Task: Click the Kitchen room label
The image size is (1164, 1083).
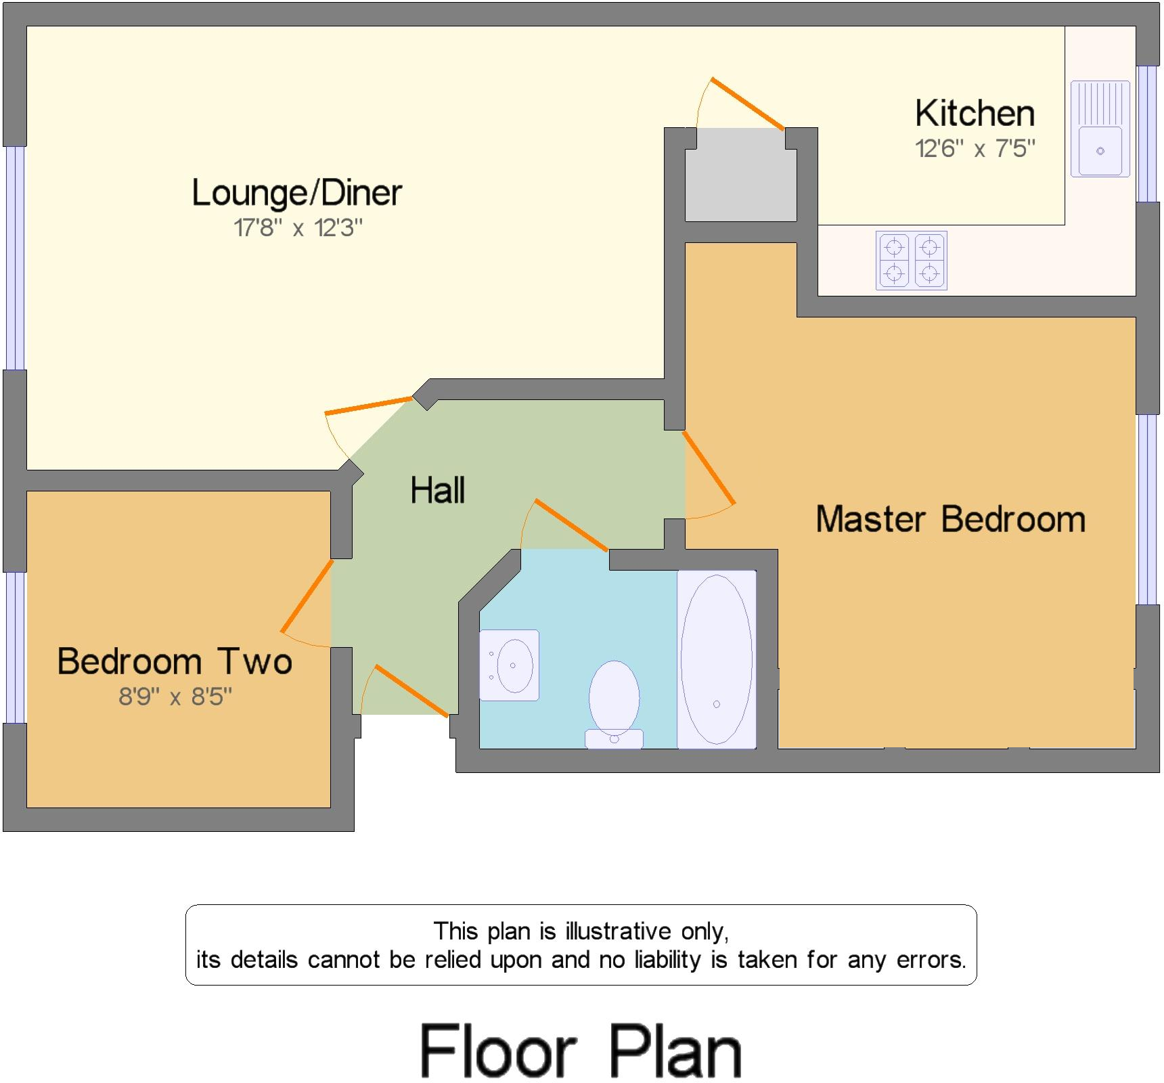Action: click(975, 113)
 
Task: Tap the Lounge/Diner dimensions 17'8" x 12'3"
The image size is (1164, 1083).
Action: click(298, 228)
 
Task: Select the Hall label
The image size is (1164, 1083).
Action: click(437, 490)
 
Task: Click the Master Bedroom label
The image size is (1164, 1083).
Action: click(950, 519)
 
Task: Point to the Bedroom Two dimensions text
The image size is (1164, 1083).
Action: click(175, 697)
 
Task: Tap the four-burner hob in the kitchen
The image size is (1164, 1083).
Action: click(911, 261)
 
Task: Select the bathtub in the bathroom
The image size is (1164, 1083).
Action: click(716, 659)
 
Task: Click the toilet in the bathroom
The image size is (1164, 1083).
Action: click(614, 704)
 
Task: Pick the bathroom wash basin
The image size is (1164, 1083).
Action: click(510, 665)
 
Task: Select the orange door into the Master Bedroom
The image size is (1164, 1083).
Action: click(709, 468)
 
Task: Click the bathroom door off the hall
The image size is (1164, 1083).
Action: click(570, 525)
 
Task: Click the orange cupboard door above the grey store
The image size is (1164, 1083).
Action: click(747, 104)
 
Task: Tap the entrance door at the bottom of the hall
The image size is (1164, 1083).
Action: click(411, 690)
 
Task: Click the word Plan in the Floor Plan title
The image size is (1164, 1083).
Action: click(675, 1051)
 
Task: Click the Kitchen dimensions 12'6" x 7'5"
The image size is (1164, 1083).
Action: click(975, 148)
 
